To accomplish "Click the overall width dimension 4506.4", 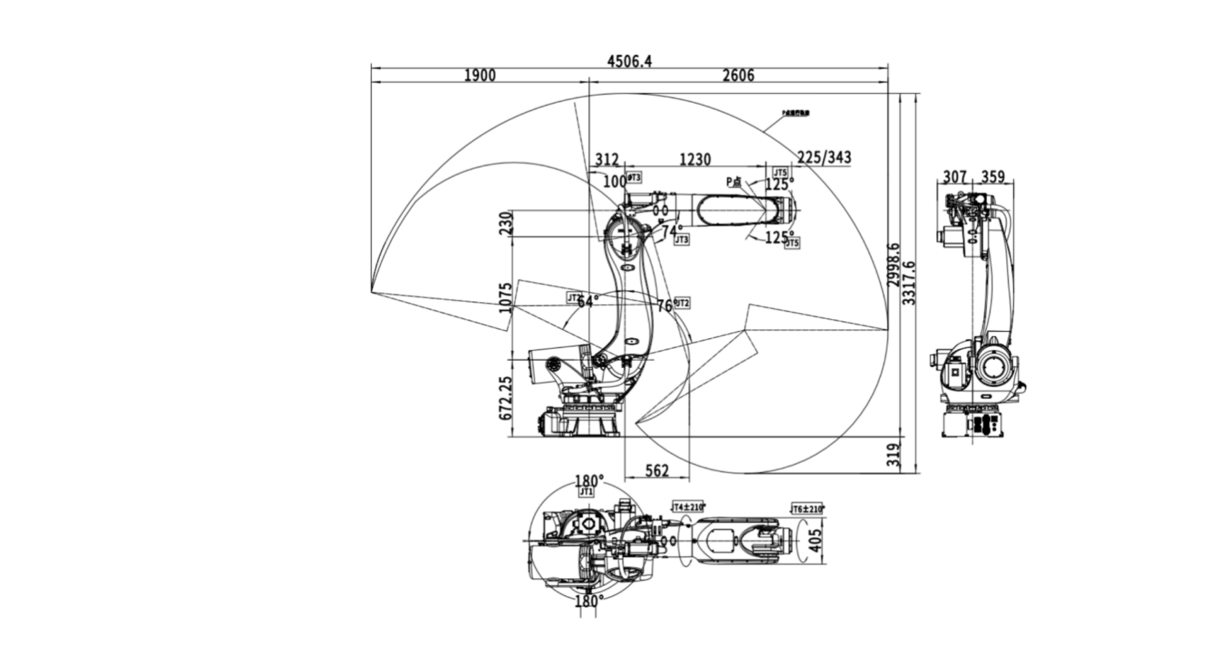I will pos(630,61).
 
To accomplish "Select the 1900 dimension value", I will pos(480,76).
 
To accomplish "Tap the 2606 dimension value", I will pos(738,76).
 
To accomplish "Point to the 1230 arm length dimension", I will pos(695,159).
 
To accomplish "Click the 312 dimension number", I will pos(607,159).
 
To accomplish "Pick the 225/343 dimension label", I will pos(825,158).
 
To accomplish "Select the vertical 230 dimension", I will pos(507,223).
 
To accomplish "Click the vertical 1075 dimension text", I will pos(507,297).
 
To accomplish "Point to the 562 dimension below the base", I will pos(657,471).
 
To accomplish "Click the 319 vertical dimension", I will pos(894,455).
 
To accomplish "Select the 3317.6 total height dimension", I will pos(910,283).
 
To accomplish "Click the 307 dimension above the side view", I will pos(955,177).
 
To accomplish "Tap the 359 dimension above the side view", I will pos(993,177).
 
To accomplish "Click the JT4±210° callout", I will pos(689,508).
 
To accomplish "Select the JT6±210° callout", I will pos(807,509).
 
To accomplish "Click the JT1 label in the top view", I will pos(586,492).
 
